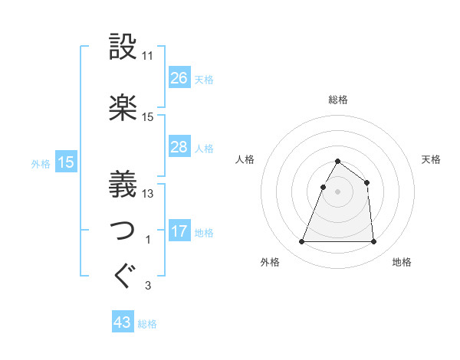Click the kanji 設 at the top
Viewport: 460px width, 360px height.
point(123,47)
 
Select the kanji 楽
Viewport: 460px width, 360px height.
point(123,108)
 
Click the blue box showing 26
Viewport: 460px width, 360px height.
point(179,78)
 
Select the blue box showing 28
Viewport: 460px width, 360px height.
point(179,147)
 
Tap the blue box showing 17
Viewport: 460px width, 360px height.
point(179,231)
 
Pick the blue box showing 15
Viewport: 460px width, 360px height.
point(65,162)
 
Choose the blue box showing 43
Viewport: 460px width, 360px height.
point(123,323)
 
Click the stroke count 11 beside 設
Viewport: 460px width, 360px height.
point(148,56)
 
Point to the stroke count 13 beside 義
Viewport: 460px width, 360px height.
point(148,194)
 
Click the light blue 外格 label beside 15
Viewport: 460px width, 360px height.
point(41,163)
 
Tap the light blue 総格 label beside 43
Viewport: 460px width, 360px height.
point(148,324)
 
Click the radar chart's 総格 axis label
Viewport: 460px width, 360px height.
point(338,100)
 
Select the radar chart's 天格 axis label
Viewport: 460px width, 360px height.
point(432,159)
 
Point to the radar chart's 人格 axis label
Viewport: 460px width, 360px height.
point(245,159)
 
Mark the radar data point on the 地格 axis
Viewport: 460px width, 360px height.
point(373,242)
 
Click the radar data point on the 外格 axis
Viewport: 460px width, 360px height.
point(302,242)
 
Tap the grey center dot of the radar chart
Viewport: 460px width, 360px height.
point(338,192)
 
